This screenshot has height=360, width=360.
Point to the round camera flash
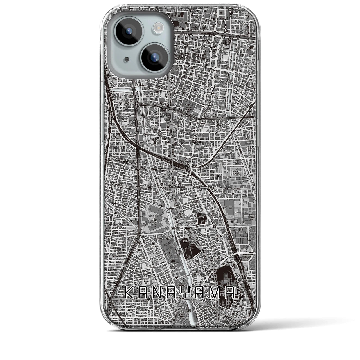[157, 27]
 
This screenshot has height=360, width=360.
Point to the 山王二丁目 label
[127, 96]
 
